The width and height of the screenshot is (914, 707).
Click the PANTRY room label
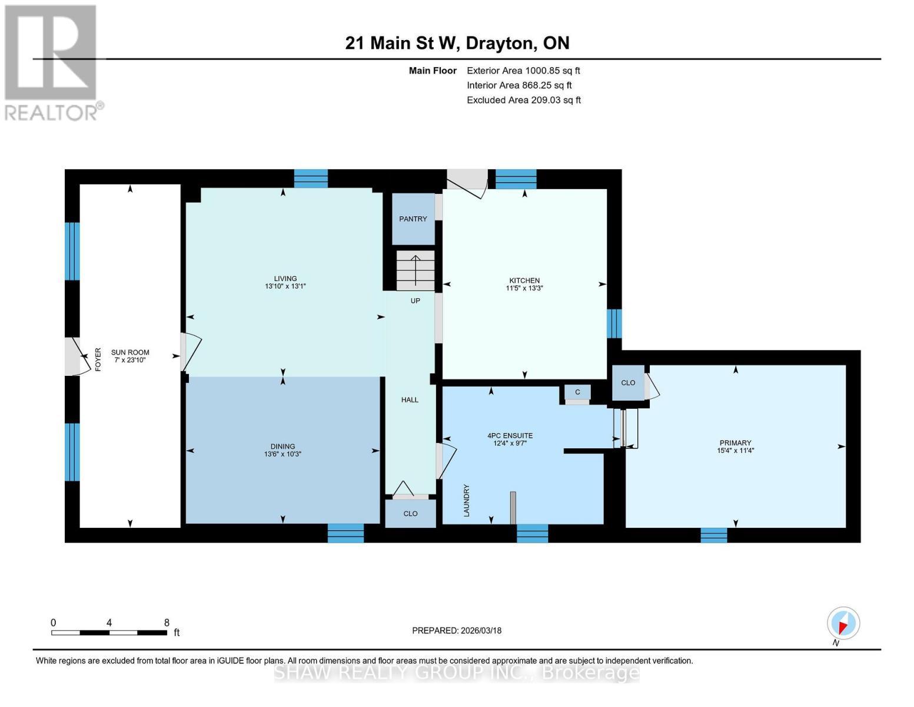[413, 219]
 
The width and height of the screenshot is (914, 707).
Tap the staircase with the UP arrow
[416, 270]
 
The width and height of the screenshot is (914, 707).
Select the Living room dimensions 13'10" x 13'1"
[285, 286]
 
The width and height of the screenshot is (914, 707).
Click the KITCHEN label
[524, 280]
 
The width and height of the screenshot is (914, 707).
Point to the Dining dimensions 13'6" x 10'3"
[282, 454]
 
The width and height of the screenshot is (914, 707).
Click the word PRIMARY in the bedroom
[735, 443]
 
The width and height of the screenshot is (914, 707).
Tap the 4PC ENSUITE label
[510, 436]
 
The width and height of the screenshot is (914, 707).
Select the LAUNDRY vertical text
[467, 501]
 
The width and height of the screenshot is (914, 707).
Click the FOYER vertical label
[98, 359]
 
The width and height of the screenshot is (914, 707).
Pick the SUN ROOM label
[130, 352]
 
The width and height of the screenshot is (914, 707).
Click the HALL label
[410, 400]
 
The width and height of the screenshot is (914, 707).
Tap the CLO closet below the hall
[410, 514]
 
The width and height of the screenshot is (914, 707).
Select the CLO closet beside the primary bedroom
[628, 383]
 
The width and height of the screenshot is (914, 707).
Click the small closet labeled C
[577, 392]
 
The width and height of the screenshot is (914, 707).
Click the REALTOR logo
[52, 62]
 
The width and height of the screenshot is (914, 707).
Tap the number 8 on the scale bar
[167, 623]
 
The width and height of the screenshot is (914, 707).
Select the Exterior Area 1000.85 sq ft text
[523, 71]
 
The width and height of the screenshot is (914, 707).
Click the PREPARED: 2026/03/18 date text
[456, 630]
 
